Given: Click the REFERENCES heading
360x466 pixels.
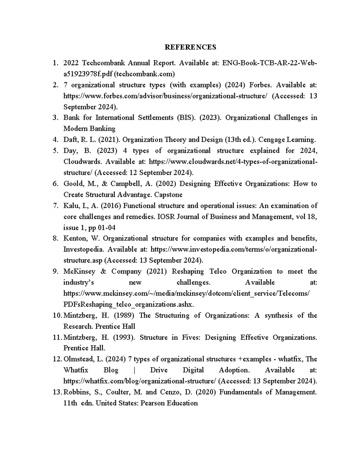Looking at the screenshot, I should (190, 47).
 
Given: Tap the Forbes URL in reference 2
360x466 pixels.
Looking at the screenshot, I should (165, 96).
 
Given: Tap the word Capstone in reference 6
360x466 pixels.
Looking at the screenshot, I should (168, 195).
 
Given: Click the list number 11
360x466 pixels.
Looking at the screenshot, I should (57, 338).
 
